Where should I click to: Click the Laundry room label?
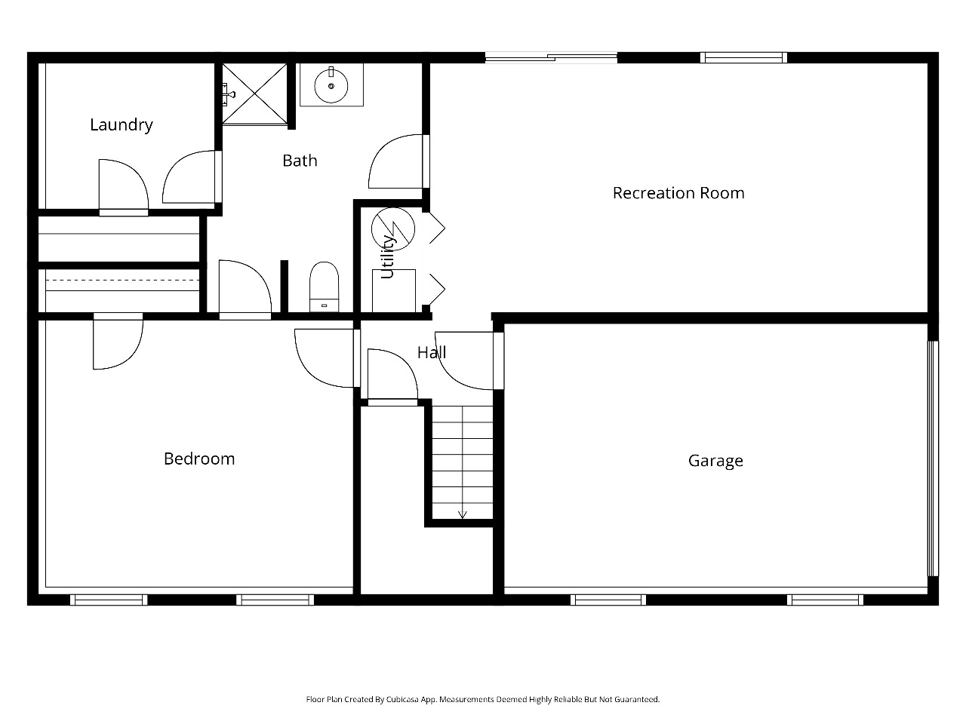[122, 125]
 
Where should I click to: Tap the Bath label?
[300, 161]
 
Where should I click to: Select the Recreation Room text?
[678, 193]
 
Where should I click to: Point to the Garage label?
[715, 461]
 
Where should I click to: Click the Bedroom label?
[199, 459]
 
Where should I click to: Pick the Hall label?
[432, 352]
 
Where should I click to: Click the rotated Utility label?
[387, 257]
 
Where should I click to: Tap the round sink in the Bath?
[331, 86]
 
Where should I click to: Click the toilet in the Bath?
[325, 287]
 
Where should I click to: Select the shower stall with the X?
[254, 94]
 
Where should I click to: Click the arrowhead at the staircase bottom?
[462, 515]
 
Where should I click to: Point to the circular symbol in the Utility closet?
[393, 229]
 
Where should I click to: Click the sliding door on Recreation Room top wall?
[551, 57]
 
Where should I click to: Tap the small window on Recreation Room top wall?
[744, 57]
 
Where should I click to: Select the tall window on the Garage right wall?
[933, 459]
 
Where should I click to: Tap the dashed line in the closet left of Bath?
[122, 280]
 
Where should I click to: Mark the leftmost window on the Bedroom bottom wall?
[109, 600]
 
